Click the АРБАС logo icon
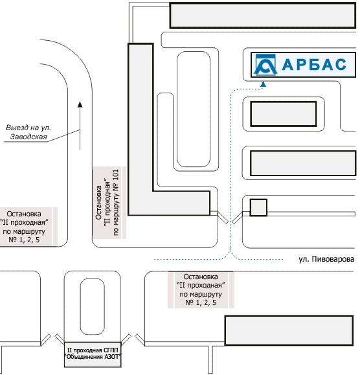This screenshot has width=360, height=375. point(265,65)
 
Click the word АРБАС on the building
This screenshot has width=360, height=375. point(314,65)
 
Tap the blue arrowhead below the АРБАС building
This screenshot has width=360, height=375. point(263,84)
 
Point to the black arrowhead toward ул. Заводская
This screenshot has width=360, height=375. point(80,104)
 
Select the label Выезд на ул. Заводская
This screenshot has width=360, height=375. point(28,132)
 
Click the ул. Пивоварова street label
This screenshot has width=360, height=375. point(326,259)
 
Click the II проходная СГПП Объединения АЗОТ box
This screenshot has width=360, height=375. point(93,354)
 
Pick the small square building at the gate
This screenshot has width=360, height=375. point(258,207)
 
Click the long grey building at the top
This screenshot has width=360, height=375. point(262,16)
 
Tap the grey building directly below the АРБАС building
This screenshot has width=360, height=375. point(284,114)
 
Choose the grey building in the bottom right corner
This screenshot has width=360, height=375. point(289,330)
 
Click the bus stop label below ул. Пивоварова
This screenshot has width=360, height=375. point(201,290)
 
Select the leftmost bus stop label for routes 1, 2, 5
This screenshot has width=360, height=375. point(24,227)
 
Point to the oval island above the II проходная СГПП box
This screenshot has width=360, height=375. point(93,306)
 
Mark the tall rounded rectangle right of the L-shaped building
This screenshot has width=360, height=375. point(194,109)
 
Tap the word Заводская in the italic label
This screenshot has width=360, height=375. point(28,137)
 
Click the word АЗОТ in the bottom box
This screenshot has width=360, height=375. point(112,357)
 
